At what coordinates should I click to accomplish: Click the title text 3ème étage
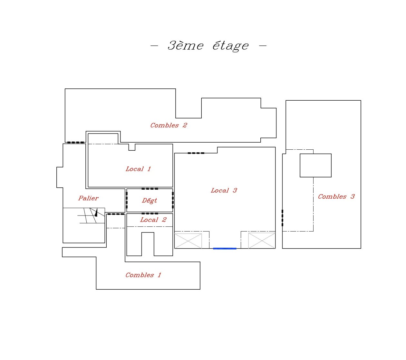208,46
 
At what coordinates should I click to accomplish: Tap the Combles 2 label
169,125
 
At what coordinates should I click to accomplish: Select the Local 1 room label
138,169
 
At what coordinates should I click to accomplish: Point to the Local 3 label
224,190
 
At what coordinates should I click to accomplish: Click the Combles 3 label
336,196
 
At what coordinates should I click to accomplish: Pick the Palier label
88,198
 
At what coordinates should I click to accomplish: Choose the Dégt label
149,200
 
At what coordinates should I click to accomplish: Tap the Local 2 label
153,220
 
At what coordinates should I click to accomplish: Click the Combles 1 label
143,275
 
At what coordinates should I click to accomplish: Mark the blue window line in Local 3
225,248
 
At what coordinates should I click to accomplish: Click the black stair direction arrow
96,212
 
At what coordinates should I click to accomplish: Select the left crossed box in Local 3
188,241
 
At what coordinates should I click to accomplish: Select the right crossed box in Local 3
262,241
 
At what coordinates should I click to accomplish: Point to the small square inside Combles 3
315,165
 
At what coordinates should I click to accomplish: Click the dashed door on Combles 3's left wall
282,218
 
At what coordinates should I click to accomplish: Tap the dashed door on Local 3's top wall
196,153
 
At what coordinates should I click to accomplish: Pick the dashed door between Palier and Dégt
127,200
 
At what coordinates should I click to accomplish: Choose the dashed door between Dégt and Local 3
173,200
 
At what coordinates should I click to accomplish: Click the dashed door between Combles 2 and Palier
75,142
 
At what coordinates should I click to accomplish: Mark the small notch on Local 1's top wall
132,147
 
